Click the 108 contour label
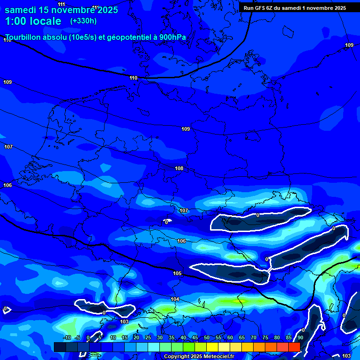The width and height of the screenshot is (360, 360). (179, 168)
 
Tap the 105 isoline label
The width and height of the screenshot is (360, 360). (177, 273)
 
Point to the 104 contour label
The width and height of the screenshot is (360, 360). (175, 299)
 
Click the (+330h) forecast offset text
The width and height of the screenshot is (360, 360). (83, 21)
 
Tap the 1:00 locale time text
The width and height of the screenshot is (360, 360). (33, 21)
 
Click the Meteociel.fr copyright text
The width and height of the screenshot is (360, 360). (199, 357)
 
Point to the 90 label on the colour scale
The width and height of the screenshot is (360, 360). (300, 337)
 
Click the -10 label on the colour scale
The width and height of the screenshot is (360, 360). (67, 337)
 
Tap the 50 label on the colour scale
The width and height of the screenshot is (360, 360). (207, 337)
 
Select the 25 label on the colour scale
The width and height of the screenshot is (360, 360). (148, 337)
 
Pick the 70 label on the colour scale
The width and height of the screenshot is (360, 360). (254, 337)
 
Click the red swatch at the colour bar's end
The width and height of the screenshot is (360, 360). (294, 347)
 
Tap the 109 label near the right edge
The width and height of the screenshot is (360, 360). (349, 45)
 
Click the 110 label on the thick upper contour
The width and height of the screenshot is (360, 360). (134, 78)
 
